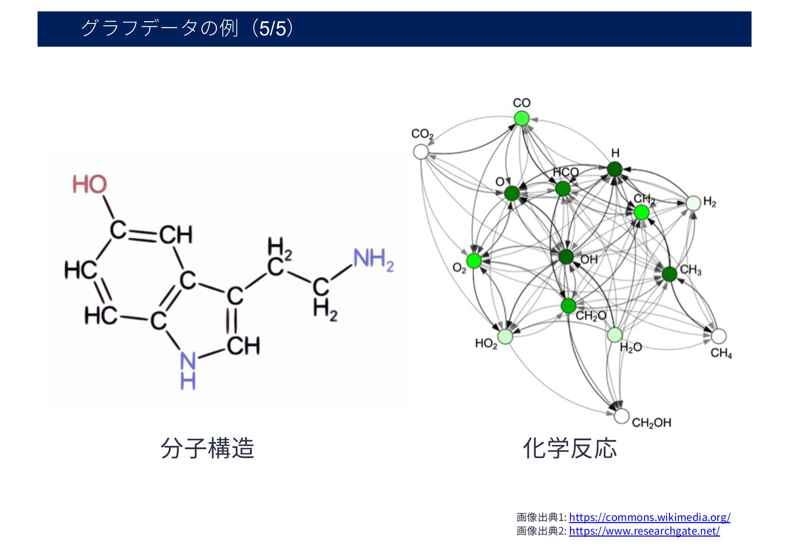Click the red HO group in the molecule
[x=90, y=184]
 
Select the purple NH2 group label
[x=373, y=260]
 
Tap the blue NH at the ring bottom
[x=188, y=371]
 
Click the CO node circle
[x=521, y=118]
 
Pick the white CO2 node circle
[x=421, y=152]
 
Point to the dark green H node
[x=615, y=169]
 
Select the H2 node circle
[x=693, y=203]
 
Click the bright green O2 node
[x=474, y=260]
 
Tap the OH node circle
[x=566, y=256]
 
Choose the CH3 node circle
[x=669, y=274]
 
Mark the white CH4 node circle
[x=718, y=336]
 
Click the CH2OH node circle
[x=621, y=416]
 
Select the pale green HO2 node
[x=505, y=336]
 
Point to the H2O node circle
[x=615, y=335]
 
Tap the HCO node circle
[x=562, y=189]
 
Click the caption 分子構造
[x=207, y=448]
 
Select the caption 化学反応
[x=570, y=448]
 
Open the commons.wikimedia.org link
[x=649, y=517]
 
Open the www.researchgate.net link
[x=644, y=531]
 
